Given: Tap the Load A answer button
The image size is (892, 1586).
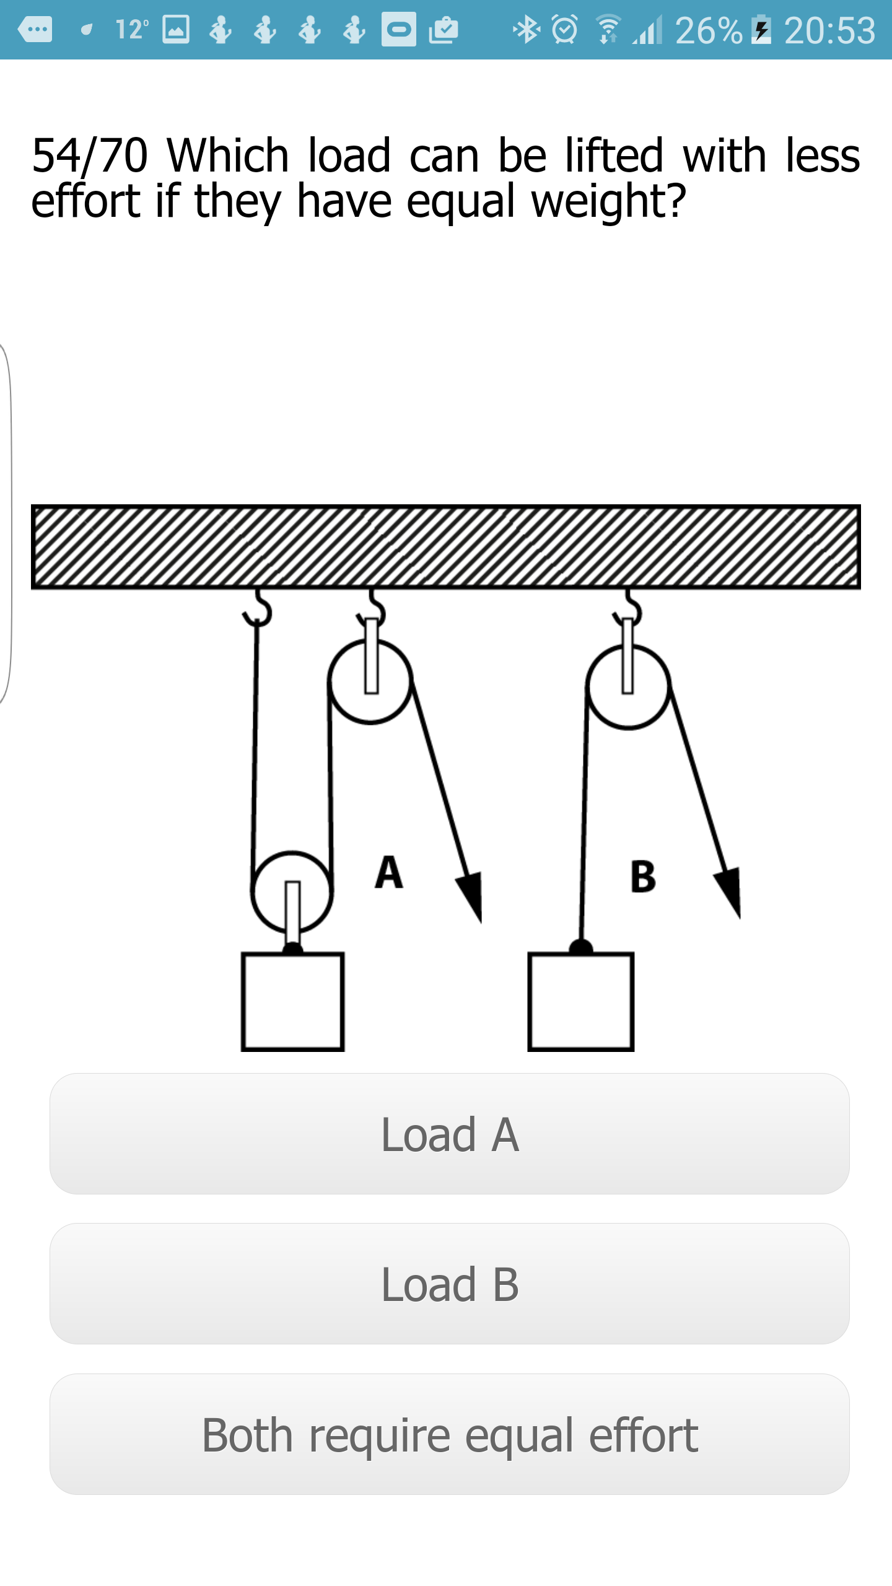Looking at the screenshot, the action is [449, 1134].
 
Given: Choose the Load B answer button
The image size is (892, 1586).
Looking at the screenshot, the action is [449, 1284].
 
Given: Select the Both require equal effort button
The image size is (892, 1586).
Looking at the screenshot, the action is [449, 1434].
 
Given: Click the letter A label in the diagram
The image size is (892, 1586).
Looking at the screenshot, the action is [389, 872].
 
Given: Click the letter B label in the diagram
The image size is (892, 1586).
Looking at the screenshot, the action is [643, 877].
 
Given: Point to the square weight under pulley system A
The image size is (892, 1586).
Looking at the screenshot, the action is [292, 1002].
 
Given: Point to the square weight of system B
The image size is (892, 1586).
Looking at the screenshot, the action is [580, 1002].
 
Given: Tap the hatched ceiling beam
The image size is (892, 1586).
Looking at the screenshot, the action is [446, 546].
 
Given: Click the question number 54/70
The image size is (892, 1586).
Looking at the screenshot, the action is [90, 156].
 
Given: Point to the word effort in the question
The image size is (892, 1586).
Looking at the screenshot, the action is [86, 201].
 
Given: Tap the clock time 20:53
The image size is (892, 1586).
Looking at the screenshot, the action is [830, 30].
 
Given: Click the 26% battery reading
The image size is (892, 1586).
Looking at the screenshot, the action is [709, 30].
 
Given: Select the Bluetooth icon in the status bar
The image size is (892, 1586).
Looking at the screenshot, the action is [527, 29].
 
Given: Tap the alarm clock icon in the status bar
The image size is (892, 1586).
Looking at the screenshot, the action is [564, 29].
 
